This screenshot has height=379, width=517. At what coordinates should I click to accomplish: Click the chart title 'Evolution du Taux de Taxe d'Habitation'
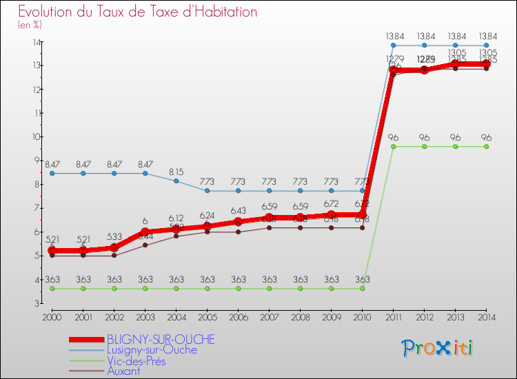[138, 12]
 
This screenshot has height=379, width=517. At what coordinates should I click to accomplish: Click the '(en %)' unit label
[30, 25]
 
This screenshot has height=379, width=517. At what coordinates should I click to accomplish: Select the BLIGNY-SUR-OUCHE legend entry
[161, 340]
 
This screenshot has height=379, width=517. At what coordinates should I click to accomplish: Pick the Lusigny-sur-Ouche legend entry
[152, 349]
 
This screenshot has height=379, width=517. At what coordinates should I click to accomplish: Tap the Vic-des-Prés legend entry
[141, 360]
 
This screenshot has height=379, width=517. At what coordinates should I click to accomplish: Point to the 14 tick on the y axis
[35, 42]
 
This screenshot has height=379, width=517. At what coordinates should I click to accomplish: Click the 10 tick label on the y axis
[35, 136]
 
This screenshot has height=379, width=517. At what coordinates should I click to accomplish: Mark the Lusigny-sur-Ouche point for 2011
[393, 45]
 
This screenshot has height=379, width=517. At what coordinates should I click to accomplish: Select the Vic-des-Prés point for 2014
[486, 146]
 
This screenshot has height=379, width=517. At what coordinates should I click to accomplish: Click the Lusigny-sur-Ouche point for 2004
[176, 181]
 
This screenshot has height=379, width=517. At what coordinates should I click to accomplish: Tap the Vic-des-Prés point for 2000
[52, 288]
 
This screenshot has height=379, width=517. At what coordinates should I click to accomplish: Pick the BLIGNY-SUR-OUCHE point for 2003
[145, 232]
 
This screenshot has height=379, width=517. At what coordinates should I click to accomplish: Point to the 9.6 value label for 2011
[393, 137]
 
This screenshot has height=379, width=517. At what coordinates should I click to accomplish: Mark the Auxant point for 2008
[300, 227]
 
